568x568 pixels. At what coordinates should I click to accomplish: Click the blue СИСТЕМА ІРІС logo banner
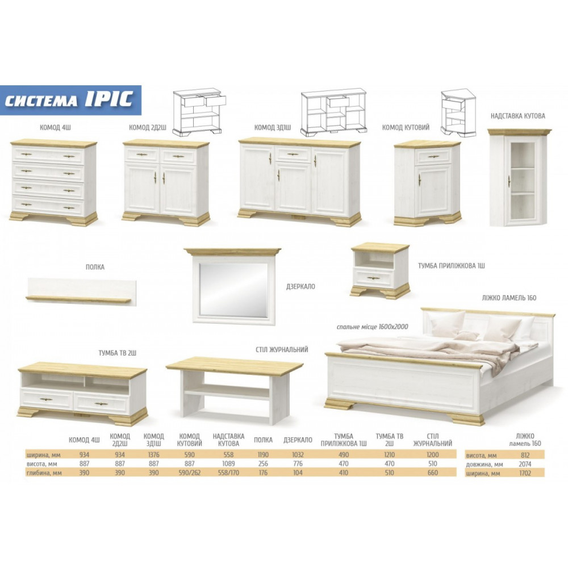[x=70, y=101]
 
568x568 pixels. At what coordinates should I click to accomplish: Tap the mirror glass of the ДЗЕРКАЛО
[x=233, y=290]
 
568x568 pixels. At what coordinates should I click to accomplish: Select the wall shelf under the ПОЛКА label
[x=81, y=292]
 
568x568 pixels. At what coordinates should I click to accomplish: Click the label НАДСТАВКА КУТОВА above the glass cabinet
[x=517, y=116]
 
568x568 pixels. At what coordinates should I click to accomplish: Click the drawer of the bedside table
[x=374, y=278]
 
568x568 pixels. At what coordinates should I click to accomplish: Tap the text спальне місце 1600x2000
[x=373, y=327]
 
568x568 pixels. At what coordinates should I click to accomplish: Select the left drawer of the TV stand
[x=47, y=399]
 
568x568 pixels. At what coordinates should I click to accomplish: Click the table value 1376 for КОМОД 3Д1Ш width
[x=153, y=454]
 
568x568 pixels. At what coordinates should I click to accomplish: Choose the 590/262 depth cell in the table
[x=190, y=473]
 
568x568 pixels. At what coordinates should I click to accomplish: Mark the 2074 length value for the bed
[x=525, y=464]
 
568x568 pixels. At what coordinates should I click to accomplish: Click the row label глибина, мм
[x=44, y=473]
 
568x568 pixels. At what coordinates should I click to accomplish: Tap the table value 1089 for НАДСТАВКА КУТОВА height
[x=228, y=463]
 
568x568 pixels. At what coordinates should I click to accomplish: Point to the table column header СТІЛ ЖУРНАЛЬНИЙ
[x=432, y=440]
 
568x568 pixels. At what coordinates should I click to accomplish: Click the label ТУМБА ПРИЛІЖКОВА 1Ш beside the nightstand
[x=452, y=265]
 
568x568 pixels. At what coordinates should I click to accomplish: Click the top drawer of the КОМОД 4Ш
[x=48, y=156]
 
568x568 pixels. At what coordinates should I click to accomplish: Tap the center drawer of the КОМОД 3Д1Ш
[x=293, y=154]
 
